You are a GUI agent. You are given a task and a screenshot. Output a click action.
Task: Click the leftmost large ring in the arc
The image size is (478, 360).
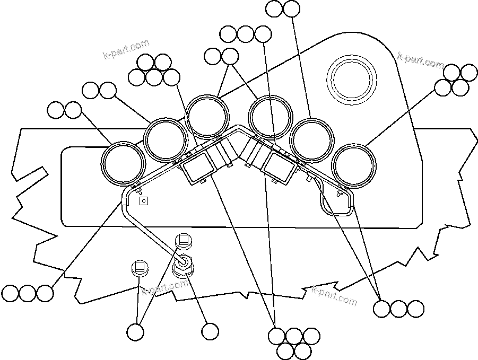tap(123, 163)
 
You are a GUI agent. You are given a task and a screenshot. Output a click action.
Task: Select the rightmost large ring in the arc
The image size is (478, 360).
tap(355, 165)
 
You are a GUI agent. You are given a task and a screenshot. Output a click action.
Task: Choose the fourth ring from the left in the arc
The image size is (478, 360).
tap(271, 117)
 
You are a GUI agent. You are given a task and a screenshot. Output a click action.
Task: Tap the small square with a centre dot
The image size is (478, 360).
tap(142, 201)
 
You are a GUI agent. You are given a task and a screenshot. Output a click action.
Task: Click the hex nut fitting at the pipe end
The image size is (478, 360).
tap(185, 262)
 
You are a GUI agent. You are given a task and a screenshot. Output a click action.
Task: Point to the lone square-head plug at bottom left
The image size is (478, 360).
tap(139, 267)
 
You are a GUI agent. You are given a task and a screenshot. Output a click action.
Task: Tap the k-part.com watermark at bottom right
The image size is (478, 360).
tap(334, 295)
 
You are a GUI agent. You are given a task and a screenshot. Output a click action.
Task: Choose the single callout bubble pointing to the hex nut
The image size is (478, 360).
tap(210, 332)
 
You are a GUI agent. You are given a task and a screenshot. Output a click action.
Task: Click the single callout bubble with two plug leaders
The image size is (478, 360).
tap(136, 332)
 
